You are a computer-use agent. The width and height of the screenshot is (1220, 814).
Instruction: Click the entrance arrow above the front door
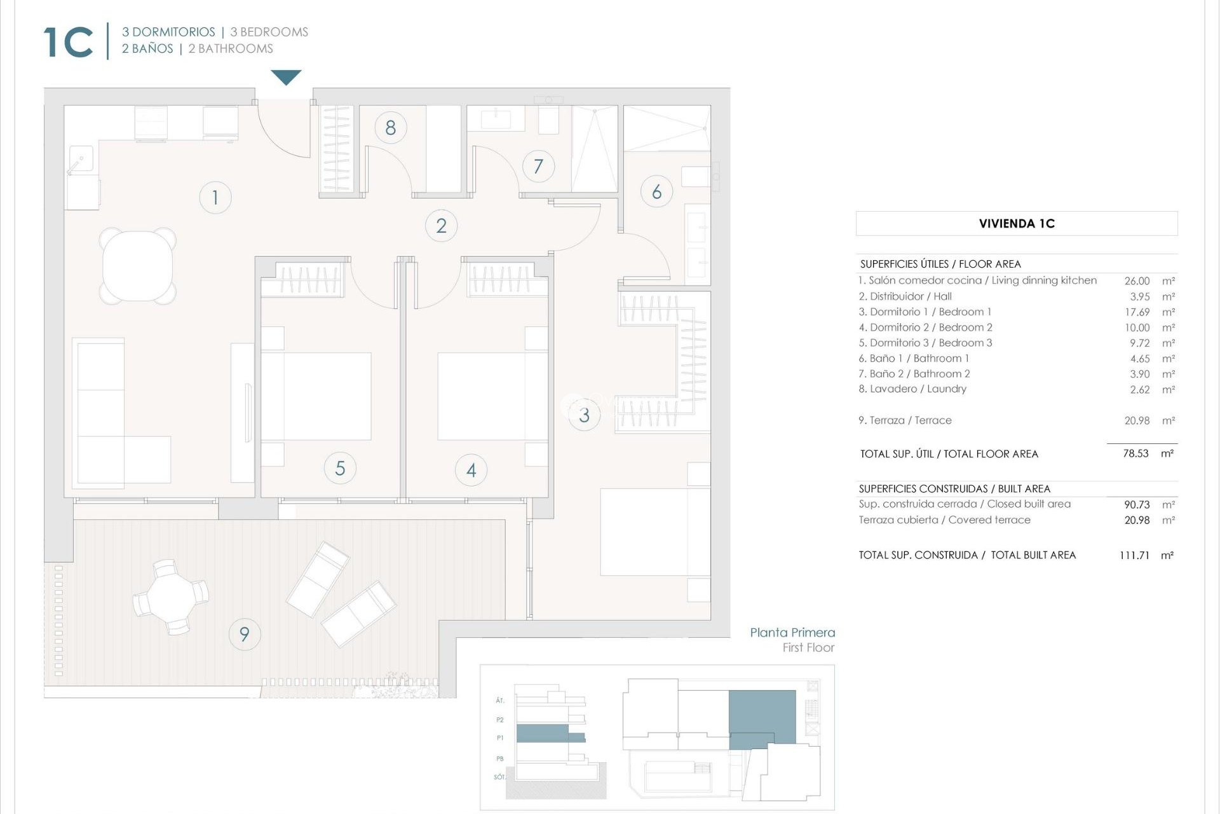click(x=286, y=77)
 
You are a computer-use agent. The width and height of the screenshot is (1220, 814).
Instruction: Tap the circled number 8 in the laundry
click(x=390, y=128)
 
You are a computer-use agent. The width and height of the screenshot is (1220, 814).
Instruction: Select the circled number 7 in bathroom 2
click(x=538, y=167)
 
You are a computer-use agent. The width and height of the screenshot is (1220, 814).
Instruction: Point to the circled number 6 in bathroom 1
click(x=656, y=192)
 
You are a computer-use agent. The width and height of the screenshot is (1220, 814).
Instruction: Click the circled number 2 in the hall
click(x=441, y=226)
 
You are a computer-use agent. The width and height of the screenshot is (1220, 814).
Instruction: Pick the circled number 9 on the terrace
click(x=244, y=634)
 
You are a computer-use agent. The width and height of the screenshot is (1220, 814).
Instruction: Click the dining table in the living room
click(x=138, y=266)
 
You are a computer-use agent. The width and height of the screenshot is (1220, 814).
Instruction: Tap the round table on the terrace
click(x=170, y=597)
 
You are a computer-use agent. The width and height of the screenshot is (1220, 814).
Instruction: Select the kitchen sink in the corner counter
click(x=81, y=159)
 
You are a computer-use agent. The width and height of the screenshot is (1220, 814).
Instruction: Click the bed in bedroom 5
click(x=316, y=396)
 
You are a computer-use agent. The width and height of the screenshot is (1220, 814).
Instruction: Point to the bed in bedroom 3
click(x=654, y=532)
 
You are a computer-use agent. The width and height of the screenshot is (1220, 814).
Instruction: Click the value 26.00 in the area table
click(x=1136, y=281)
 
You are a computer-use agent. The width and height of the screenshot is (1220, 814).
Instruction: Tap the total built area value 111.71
click(x=1134, y=555)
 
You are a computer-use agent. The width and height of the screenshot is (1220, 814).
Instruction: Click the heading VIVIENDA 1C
click(x=1016, y=224)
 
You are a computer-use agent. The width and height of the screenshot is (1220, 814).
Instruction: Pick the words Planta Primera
click(x=792, y=633)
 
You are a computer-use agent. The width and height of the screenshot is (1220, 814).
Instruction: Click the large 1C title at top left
click(x=69, y=43)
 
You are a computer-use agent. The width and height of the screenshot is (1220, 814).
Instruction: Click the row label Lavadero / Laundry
click(x=912, y=389)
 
